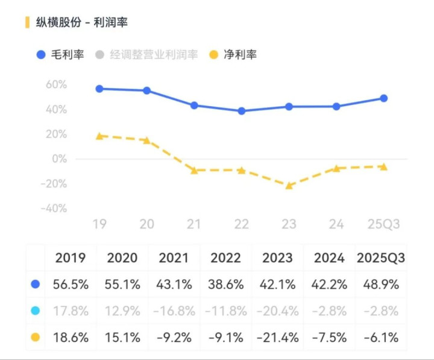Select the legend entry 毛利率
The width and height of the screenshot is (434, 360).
pyautogui.click(x=60, y=54)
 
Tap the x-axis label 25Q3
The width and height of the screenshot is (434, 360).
pyautogui.click(x=384, y=224)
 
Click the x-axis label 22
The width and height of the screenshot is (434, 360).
pyautogui.click(x=242, y=224)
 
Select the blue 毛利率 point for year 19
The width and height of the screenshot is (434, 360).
pyautogui.click(x=99, y=89)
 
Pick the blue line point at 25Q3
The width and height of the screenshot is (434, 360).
pyautogui.click(x=384, y=98)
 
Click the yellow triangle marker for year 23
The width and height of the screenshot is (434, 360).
pyautogui.click(x=289, y=185)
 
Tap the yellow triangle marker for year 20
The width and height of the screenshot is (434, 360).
pyautogui.click(x=146, y=140)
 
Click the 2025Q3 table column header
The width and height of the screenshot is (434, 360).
pyautogui.click(x=380, y=258)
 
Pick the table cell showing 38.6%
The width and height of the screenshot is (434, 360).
pyautogui.click(x=225, y=285)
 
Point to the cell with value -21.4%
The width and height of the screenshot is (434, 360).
pyautogui.click(x=277, y=338)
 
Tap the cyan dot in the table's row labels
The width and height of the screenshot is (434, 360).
pyautogui.click(x=35, y=311)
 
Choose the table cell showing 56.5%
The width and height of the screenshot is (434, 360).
pyautogui.click(x=71, y=285)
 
